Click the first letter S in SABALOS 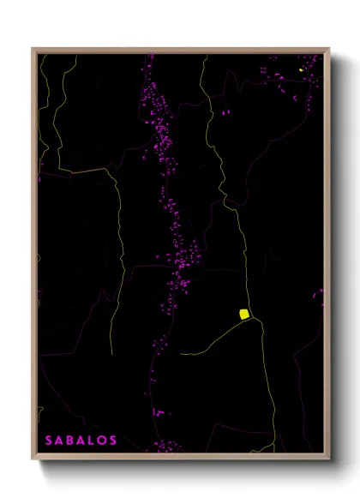[x=49, y=441]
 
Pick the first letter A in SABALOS [x=60, y=441]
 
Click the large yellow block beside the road [x=243, y=314]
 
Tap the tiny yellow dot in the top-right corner [x=301, y=69]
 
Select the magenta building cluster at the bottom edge [x=167, y=447]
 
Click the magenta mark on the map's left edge [x=40, y=179]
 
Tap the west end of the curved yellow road [x=182, y=352]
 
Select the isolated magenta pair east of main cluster [x=225, y=112]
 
